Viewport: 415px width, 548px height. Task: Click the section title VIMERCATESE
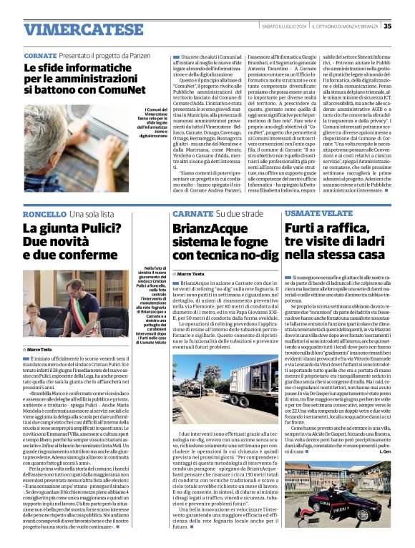pyautogui.click(x=73, y=29)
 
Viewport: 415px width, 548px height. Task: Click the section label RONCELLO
pyautogui.click(x=44, y=214)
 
